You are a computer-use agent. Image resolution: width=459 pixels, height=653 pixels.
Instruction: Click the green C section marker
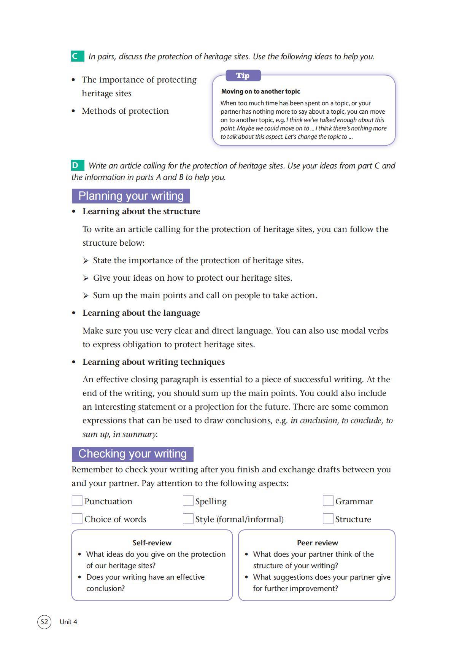[77, 56]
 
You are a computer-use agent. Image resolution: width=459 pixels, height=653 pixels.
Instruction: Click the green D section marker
[77, 165]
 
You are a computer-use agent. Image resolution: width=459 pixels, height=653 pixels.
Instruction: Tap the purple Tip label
[243, 76]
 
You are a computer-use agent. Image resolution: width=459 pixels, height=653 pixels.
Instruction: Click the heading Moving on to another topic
[260, 91]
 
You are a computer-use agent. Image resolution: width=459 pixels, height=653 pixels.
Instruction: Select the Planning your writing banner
[131, 196]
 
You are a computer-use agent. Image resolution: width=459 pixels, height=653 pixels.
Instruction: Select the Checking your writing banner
[132, 454]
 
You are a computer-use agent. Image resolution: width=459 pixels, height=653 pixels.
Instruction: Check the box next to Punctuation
[77, 501]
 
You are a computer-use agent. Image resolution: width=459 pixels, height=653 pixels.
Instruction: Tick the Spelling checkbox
[188, 501]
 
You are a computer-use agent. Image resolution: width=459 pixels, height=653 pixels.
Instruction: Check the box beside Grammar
[328, 501]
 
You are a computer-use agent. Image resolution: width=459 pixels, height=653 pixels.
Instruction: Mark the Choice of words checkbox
[77, 519]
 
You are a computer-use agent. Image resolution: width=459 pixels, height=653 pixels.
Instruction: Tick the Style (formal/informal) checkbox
[188, 519]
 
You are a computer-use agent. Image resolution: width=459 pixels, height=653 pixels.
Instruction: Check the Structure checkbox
[328, 519]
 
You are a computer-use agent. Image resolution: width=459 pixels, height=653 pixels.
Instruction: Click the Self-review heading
[152, 543]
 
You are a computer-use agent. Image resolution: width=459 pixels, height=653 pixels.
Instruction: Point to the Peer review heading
[317, 543]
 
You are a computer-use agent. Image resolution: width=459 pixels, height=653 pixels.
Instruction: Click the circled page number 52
[44, 622]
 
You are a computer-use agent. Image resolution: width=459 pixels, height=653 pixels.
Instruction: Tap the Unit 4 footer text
[68, 622]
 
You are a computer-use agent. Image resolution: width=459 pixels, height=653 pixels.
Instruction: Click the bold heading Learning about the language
[141, 313]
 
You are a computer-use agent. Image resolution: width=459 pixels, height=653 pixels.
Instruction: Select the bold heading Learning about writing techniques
[154, 362]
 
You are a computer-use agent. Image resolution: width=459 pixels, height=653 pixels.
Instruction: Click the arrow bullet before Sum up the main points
[86, 296]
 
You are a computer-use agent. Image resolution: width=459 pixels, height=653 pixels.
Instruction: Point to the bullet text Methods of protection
[125, 111]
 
